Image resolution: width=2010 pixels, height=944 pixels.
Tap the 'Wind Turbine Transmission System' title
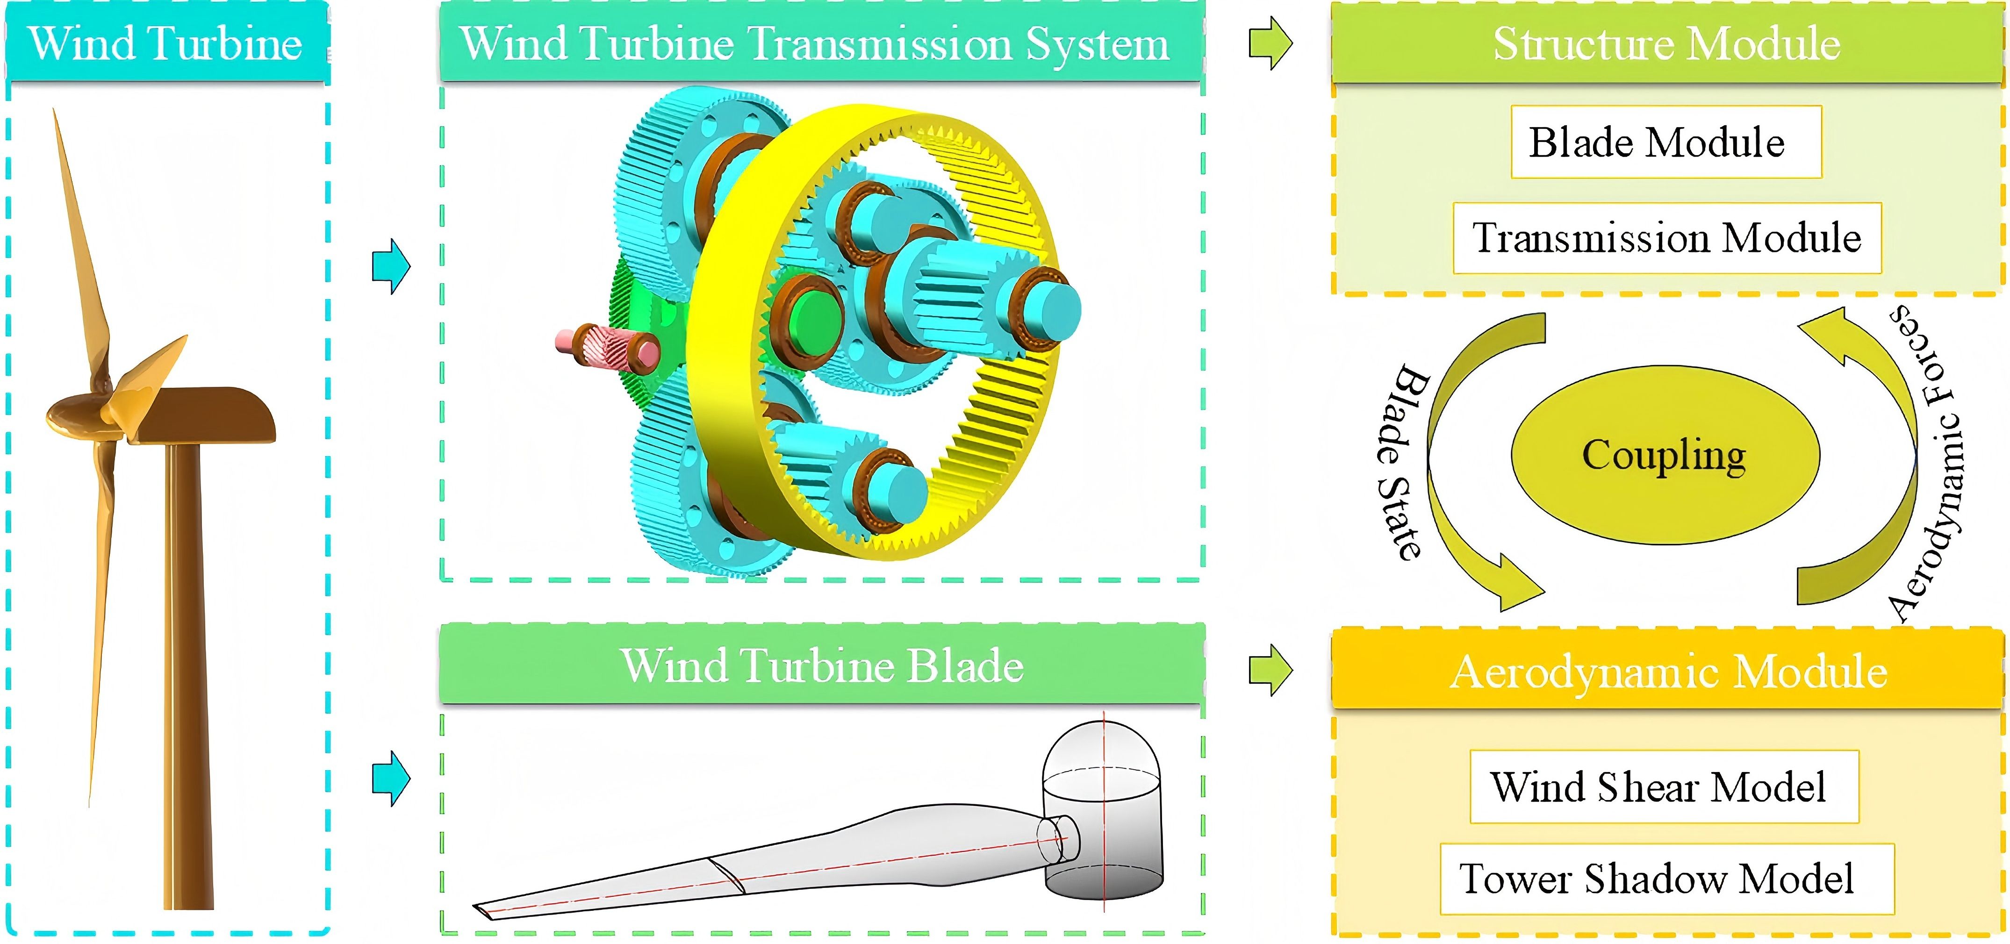click(x=815, y=43)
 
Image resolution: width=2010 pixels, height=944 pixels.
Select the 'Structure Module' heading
click(x=1667, y=43)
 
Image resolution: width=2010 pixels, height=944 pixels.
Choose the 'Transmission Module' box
click(x=1667, y=238)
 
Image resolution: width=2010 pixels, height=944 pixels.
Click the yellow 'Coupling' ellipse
click(x=1665, y=455)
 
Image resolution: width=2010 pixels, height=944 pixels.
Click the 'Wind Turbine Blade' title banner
click(x=822, y=665)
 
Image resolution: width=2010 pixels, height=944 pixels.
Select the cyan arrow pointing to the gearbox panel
click(x=391, y=266)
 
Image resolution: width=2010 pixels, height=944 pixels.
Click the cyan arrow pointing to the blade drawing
click(x=391, y=778)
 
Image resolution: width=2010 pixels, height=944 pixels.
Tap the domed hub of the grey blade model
click(x=1102, y=811)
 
